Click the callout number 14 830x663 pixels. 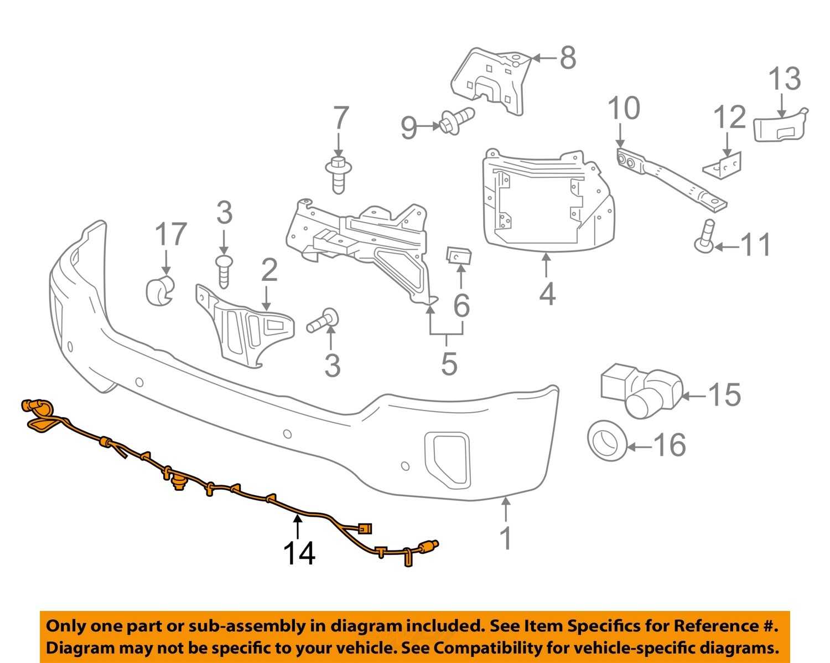(299, 553)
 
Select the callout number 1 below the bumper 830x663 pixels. (506, 538)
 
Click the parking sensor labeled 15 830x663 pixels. (642, 389)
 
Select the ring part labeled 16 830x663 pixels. (607, 441)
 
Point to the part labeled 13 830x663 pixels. (781, 126)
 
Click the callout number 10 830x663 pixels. (624, 108)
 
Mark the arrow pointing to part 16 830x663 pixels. (640, 445)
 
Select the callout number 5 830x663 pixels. (449, 363)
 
